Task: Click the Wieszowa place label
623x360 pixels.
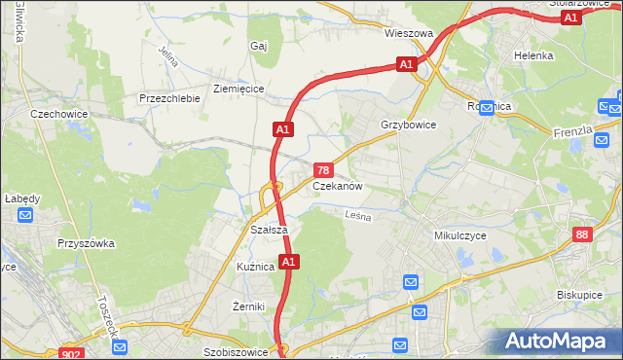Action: (x=408, y=33)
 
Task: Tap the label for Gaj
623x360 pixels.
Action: (x=258, y=46)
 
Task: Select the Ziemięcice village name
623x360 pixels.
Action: (x=238, y=88)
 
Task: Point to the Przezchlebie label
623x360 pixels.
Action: (x=169, y=98)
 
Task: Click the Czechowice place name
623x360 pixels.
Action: (x=59, y=114)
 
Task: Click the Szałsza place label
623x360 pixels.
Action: (x=268, y=229)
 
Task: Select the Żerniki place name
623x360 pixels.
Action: (x=249, y=306)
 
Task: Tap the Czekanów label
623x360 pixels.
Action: (x=338, y=186)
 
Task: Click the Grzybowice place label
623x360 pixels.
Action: (x=409, y=126)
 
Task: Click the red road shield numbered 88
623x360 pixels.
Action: (x=582, y=234)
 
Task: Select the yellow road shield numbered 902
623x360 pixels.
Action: (x=70, y=354)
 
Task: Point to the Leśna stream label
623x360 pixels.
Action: (x=358, y=217)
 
